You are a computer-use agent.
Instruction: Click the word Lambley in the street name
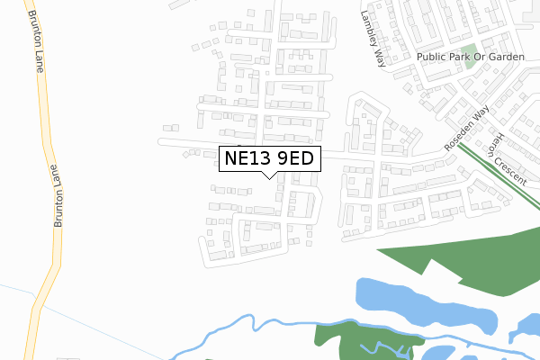(369, 24)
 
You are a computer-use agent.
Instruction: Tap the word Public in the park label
(433, 56)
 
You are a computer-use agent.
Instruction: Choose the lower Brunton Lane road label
(57, 195)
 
